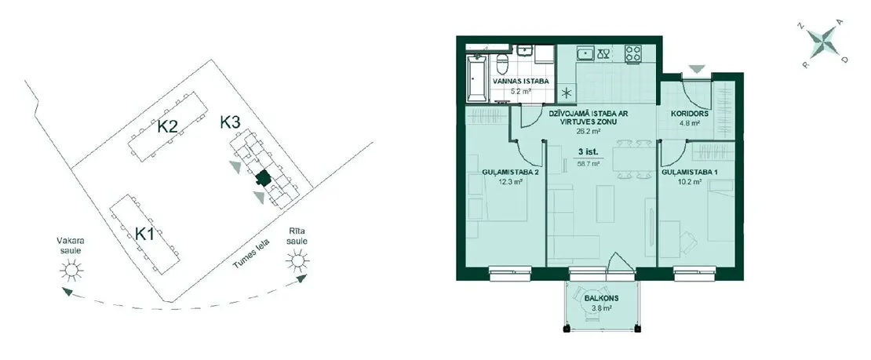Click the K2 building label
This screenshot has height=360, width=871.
point(166,126)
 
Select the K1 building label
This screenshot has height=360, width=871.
point(145,234)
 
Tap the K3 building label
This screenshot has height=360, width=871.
point(229,122)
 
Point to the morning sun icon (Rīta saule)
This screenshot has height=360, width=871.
point(297,260)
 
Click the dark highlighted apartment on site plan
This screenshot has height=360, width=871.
point(263,178)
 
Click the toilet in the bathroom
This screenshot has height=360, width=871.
point(502,63)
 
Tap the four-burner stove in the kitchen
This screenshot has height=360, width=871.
point(632,53)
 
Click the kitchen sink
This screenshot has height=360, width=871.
point(585,53)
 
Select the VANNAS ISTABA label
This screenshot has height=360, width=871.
point(521,81)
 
